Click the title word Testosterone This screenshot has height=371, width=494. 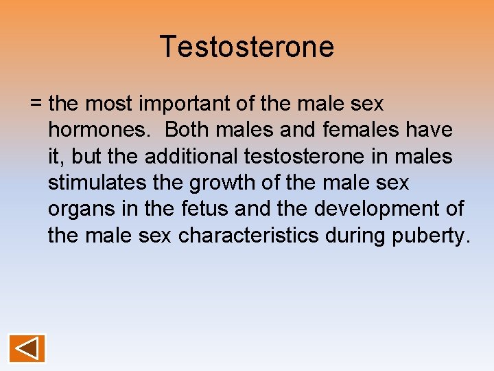click(x=247, y=47)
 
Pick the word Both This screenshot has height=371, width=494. click(x=190, y=131)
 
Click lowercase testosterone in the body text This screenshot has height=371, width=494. click(x=312, y=157)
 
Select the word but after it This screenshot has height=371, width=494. click(x=87, y=157)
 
